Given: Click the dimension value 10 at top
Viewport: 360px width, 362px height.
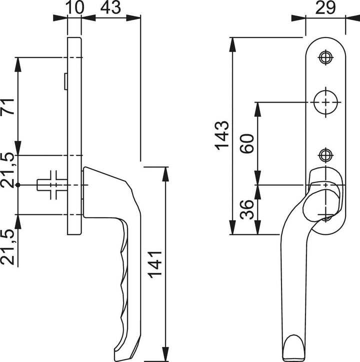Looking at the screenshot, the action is pos(74,7).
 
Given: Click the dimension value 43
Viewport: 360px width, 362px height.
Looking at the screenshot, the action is pos(110,7).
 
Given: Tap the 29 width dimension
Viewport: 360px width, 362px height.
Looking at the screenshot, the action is pos(325,7).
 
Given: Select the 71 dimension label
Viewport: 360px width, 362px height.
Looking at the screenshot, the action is pos(7,106).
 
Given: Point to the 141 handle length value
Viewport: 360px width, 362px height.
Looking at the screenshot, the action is pos(155,264).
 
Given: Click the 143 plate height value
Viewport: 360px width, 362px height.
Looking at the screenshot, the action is pos(222,136).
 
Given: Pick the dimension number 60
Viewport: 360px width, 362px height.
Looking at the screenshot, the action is pos(247,143).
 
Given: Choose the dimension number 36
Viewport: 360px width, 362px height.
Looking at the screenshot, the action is pos(247,209).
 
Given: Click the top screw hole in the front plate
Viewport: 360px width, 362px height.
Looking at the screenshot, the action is pos(325,57).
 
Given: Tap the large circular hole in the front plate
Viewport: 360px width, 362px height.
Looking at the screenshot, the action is pos(325,102).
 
